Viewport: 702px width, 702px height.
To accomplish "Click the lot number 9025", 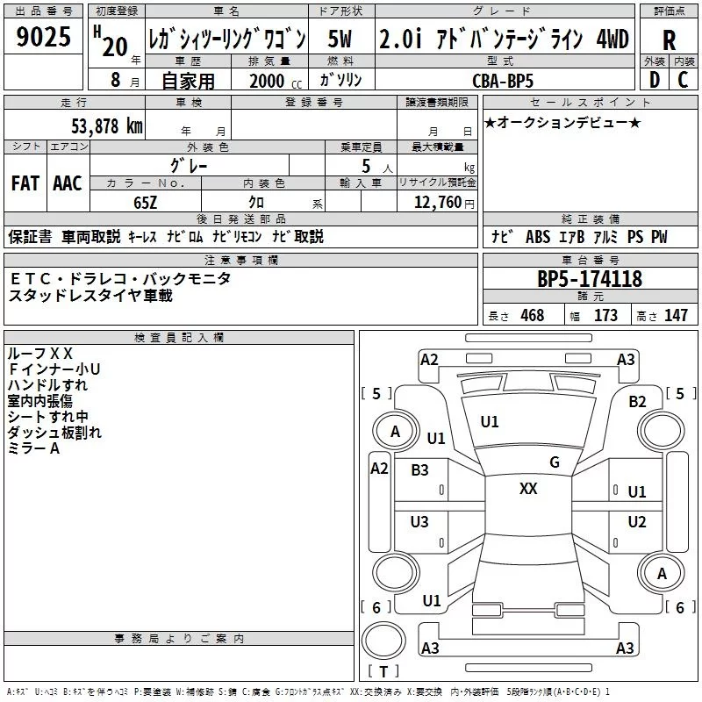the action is point(44,37).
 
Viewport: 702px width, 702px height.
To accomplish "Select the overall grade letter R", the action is point(669,39).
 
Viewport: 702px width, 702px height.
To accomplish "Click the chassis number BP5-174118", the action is point(590,279).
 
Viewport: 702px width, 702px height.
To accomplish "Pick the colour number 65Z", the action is point(145,201).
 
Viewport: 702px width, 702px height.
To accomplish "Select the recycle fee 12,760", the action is point(436,203).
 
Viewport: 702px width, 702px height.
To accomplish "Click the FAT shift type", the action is point(25,183).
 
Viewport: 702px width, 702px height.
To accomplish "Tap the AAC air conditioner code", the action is point(68,183).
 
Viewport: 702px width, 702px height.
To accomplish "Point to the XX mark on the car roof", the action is point(528,489).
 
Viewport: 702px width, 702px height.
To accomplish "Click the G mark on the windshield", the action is point(554,462).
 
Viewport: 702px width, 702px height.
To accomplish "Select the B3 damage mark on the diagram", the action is point(420,470).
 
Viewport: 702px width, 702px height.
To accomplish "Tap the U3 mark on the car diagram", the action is point(420,522).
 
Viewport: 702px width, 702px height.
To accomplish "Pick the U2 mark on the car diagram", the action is point(637,522).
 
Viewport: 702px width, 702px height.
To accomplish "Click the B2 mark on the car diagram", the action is point(637,401).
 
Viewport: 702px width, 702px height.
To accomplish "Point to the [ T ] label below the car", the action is point(383,672).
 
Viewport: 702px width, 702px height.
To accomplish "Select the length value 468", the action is point(532,316).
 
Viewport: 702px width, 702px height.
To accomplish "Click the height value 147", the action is point(676,316).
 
